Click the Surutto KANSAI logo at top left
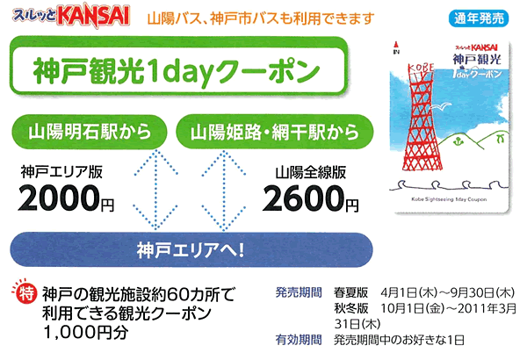pyautogui.click(x=71, y=14)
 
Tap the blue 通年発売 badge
pyautogui.click(x=479, y=18)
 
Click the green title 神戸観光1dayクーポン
pyautogui.click(x=177, y=70)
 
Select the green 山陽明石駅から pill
pyautogui.click(x=90, y=132)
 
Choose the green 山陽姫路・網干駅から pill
pyautogui.click(x=275, y=132)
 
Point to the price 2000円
pyautogui.click(x=66, y=198)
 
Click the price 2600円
pyautogui.click(x=310, y=198)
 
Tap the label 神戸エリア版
pyautogui.click(x=61, y=172)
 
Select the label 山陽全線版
pyautogui.click(x=311, y=172)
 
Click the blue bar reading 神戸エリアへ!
pyautogui.click(x=191, y=249)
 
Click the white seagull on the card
pyautogui.click(x=441, y=106)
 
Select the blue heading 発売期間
pyautogui.click(x=299, y=292)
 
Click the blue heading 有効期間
pyautogui.click(x=299, y=340)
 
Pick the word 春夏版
pyautogui.click(x=350, y=292)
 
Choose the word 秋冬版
pyautogui.click(x=350, y=308)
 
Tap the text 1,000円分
pyautogui.click(x=86, y=332)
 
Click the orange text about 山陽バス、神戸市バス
pyautogui.click(x=261, y=18)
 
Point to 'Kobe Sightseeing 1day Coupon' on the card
pyautogui.click(x=449, y=199)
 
